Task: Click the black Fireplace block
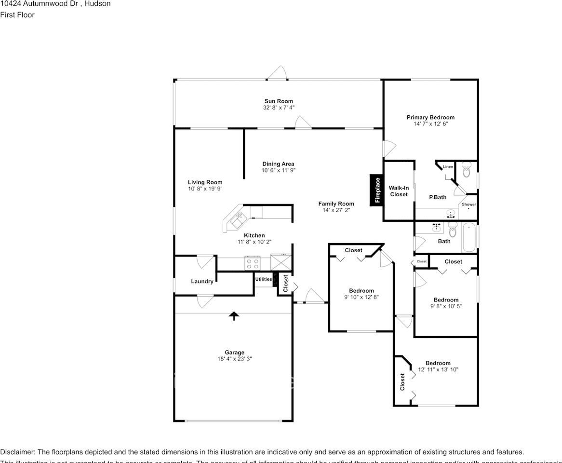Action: click(376, 190)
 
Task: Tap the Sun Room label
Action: click(279, 101)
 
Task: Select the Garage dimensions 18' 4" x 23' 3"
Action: click(234, 359)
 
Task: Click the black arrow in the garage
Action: click(234, 316)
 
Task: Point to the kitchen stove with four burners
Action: click(252, 263)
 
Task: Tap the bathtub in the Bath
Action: click(469, 237)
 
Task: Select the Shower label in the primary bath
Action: click(469, 204)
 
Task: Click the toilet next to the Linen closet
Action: click(466, 170)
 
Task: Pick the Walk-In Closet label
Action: click(399, 191)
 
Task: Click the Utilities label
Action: click(264, 279)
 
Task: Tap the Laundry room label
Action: click(202, 281)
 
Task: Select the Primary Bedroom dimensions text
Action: click(430, 124)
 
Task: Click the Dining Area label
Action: click(278, 164)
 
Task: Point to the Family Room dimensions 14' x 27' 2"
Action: click(336, 210)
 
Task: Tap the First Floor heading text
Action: click(17, 15)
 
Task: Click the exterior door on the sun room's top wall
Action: click(278, 73)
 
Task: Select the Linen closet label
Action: click(448, 167)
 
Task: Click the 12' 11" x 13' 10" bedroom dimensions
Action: click(438, 370)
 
